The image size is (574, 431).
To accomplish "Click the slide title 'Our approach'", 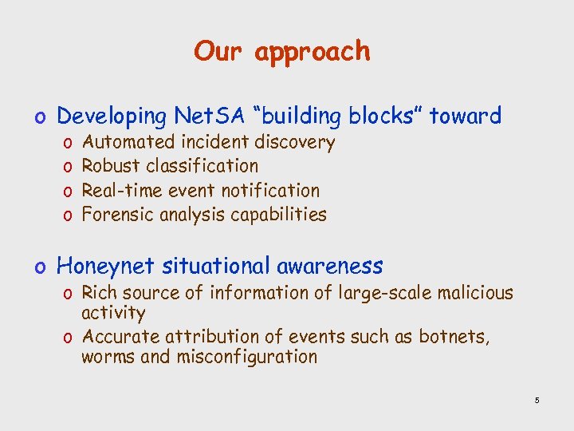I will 282,52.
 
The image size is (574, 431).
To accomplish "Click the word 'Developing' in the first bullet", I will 111,117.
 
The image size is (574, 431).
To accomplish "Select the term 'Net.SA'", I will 208,117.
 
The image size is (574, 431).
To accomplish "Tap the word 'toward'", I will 466,117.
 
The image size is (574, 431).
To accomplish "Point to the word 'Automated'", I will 129,143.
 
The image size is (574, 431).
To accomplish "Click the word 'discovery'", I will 294,143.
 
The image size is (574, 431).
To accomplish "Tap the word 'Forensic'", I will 117,215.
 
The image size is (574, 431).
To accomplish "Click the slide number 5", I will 537,400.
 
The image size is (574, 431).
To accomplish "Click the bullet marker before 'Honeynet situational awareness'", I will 46,267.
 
